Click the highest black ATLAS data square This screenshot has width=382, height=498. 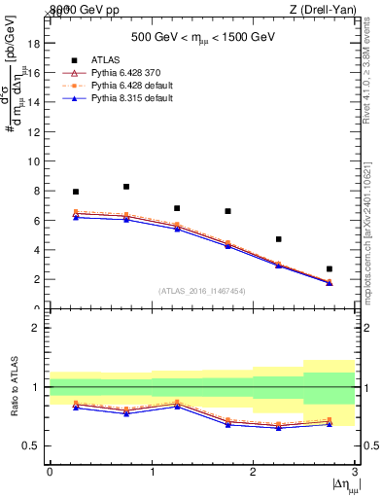point(126,187)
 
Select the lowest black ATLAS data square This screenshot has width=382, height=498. point(330,268)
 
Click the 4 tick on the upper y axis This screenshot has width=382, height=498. point(38,250)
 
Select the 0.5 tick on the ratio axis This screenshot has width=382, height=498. point(33,445)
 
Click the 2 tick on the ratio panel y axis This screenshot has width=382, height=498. point(38,328)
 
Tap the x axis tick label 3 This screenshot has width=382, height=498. point(355,472)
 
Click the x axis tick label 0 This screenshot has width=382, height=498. point(50,472)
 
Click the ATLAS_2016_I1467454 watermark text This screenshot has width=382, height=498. point(201,291)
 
